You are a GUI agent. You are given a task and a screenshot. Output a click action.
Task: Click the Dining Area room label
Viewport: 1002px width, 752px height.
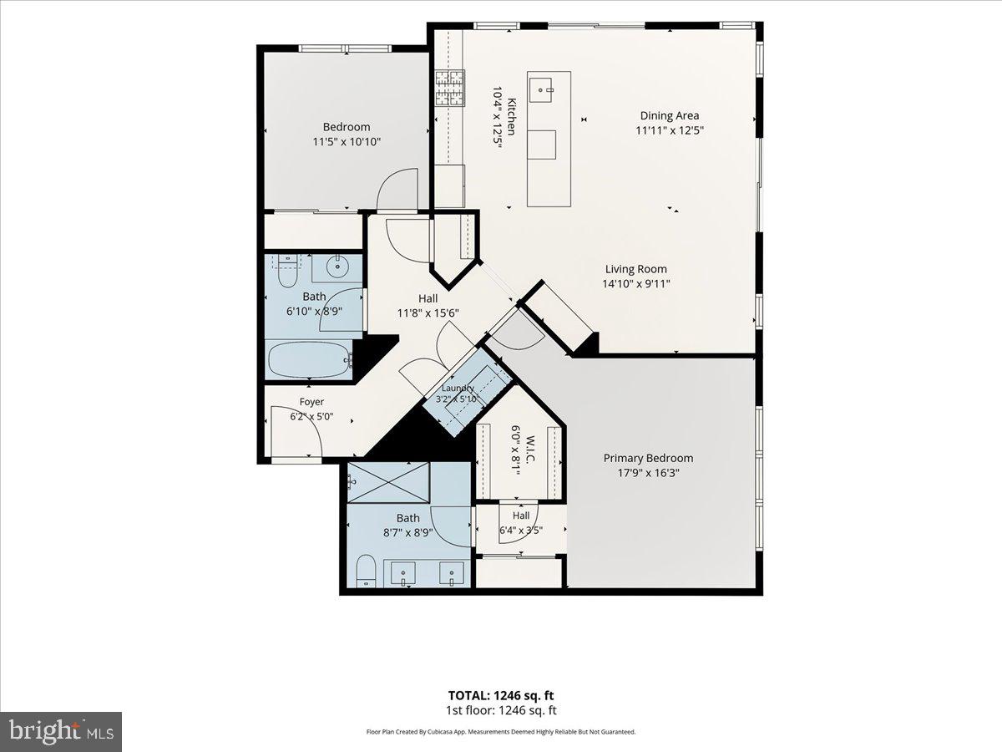pyautogui.click(x=670, y=115)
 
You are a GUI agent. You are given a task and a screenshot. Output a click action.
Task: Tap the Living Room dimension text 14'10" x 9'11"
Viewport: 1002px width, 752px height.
pyautogui.click(x=636, y=284)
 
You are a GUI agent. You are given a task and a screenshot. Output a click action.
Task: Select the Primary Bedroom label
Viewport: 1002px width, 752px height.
pyautogui.click(x=648, y=458)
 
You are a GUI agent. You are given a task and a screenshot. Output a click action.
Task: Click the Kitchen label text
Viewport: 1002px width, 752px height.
pyautogui.click(x=511, y=117)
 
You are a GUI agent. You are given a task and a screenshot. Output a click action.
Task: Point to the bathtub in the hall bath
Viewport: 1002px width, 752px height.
pyautogui.click(x=309, y=360)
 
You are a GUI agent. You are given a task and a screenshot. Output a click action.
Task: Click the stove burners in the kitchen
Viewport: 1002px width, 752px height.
pyautogui.click(x=449, y=88)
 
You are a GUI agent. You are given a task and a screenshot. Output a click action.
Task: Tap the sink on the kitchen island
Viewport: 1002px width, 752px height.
pyautogui.click(x=541, y=90)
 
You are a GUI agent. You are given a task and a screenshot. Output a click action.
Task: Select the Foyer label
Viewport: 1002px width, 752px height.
pyautogui.click(x=311, y=402)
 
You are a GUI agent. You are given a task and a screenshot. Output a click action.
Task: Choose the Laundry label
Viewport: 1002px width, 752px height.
pyautogui.click(x=458, y=388)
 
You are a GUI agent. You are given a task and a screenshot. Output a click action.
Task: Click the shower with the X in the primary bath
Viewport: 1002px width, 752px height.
pyautogui.click(x=388, y=483)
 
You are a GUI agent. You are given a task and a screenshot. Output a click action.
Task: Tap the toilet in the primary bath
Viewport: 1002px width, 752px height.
pyautogui.click(x=366, y=572)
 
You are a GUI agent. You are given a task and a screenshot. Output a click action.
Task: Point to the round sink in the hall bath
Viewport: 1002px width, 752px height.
pyautogui.click(x=337, y=266)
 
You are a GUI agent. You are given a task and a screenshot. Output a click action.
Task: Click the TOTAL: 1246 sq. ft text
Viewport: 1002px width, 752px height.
pyautogui.click(x=501, y=695)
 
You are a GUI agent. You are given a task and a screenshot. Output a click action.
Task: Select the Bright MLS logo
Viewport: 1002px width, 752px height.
pyautogui.click(x=61, y=731)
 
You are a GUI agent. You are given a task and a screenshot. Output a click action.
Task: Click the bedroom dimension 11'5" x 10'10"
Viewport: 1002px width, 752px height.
pyautogui.click(x=347, y=142)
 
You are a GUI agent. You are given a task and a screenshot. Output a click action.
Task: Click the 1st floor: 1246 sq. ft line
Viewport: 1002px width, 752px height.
pyautogui.click(x=501, y=710)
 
